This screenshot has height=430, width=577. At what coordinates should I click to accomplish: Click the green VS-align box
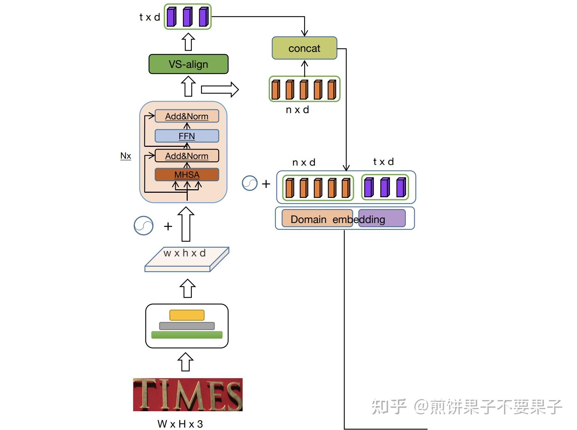point(188,64)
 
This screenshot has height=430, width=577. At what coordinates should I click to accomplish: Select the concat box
point(304,48)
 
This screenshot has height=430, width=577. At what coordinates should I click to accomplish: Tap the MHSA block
point(187,175)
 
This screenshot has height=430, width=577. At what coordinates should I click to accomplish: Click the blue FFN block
point(187,136)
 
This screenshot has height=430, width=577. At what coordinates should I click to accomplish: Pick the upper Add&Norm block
point(187,116)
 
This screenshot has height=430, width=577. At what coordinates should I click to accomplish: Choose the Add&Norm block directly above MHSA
point(187,156)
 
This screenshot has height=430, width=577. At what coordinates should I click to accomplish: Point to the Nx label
point(125,156)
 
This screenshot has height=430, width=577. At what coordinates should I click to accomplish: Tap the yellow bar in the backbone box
point(187,315)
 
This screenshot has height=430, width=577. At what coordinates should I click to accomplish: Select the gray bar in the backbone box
point(187,326)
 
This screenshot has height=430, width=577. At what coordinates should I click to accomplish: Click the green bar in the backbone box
point(187,335)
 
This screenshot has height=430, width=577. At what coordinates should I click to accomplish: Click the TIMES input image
point(188,395)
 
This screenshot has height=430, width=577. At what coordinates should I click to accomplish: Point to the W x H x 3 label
point(180,424)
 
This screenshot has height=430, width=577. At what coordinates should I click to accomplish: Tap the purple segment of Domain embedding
point(382,218)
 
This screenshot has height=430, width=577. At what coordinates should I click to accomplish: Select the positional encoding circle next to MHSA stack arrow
point(144,225)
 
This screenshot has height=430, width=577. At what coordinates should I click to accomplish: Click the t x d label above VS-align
point(149,17)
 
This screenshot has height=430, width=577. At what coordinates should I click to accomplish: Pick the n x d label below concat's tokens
point(297,110)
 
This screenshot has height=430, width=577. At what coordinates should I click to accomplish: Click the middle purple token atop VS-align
point(187,17)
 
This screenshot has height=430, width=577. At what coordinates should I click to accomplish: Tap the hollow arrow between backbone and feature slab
point(188,288)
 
